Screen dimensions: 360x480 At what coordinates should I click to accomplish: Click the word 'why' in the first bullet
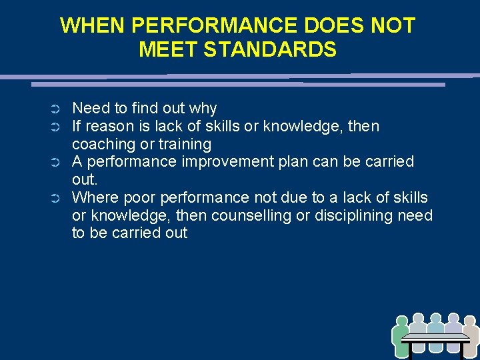pos(203,108)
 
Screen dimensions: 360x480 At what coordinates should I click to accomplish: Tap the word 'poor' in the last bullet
pos(134,197)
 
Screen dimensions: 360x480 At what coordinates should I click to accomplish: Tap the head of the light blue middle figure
pos(436,319)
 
